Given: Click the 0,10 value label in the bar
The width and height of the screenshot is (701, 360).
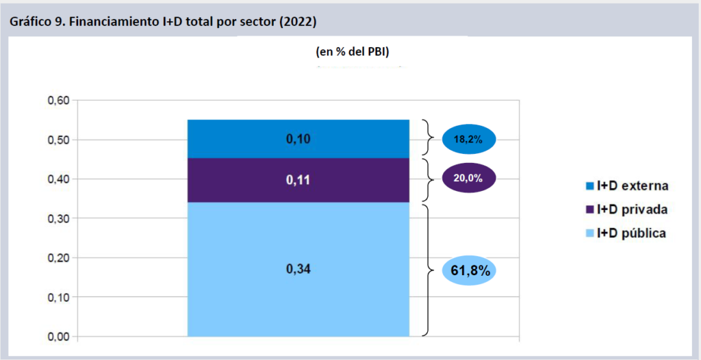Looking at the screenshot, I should (298, 140).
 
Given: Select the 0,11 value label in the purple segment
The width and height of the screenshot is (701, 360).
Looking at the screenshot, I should (298, 179).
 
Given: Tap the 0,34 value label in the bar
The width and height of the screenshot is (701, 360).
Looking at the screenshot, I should (298, 269).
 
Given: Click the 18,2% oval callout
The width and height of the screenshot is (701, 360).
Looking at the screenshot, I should (468, 140).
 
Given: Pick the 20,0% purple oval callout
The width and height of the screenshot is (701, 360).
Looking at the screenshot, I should (468, 178).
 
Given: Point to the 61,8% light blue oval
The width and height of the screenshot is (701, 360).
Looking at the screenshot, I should (470, 270).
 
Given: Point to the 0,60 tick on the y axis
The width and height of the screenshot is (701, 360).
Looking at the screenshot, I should (58, 101).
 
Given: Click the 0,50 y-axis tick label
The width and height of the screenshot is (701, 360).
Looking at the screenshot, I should (58, 140).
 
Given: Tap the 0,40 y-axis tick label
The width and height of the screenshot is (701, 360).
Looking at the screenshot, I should (58, 179).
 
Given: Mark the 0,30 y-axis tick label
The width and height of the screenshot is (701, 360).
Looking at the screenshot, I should (58, 219).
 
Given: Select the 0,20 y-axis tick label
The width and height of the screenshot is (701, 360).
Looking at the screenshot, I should (58, 258).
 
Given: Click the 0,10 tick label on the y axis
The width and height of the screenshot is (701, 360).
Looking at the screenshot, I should (58, 298).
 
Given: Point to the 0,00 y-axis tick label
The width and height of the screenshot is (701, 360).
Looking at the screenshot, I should (58, 337).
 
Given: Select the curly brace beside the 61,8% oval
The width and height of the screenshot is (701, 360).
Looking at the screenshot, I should (429, 270).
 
